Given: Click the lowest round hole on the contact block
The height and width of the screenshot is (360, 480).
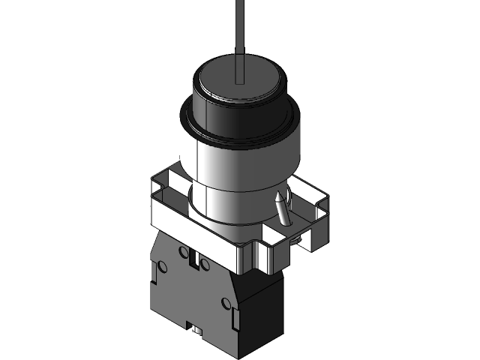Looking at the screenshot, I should [x=226, y=304].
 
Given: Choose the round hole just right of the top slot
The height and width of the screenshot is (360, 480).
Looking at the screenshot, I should [x=205, y=264].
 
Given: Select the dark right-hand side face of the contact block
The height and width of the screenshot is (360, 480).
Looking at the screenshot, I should [x=262, y=307].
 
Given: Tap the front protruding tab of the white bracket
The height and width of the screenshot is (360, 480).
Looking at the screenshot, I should [x=255, y=255].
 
